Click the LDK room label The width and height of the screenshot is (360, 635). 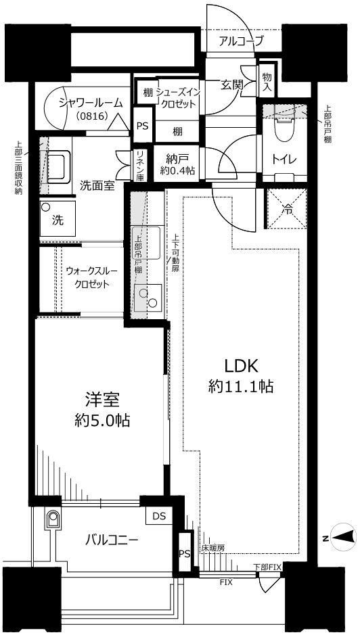tap(242, 366)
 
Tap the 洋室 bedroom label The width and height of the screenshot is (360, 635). tap(102, 400)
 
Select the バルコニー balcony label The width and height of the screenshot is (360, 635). tap(112, 540)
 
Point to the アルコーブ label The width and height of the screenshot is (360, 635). tap(242, 41)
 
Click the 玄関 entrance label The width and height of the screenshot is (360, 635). tap(232, 85)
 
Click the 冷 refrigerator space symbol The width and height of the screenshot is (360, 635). tap(287, 209)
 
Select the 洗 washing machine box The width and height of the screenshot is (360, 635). tap(58, 219)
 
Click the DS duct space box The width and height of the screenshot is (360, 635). tap(159, 517)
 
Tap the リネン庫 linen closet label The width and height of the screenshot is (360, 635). tap(140, 166)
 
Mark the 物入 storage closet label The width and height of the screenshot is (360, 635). tap(267, 81)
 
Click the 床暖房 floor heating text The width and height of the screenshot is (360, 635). tap(213, 548)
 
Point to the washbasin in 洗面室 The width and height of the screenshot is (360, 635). tap(55, 166)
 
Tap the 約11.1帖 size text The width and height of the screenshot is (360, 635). tap(241, 387)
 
